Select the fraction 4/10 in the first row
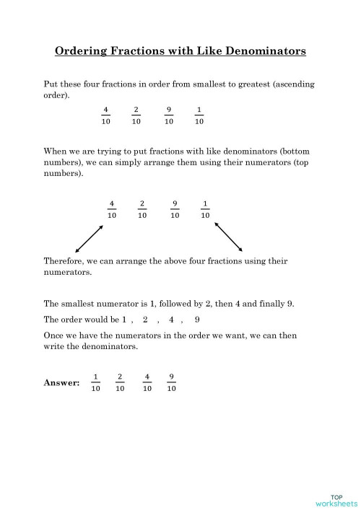[x=105, y=115]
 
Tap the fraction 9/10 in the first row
[x=168, y=115]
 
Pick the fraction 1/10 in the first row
[x=199, y=115]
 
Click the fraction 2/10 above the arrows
[x=142, y=209]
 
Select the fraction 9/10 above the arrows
[x=175, y=209]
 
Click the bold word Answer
[x=62, y=382]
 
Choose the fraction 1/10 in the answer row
[x=95, y=382]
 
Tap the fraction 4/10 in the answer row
[x=147, y=382]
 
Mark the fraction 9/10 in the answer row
[x=171, y=382]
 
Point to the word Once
[x=55, y=336]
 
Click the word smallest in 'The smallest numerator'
[x=79, y=304]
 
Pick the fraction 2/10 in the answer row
[x=120, y=382]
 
